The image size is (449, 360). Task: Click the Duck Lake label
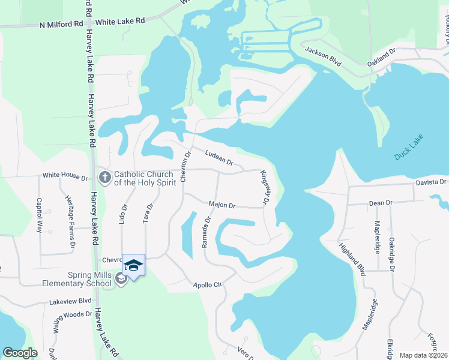[x=409, y=147]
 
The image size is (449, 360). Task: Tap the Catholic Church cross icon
[x=105, y=177]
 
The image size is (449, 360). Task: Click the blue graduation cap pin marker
[x=133, y=265]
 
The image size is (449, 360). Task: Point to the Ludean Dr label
[x=218, y=157]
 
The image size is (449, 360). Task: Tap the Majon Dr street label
[x=221, y=205]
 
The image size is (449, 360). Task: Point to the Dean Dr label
[x=380, y=203]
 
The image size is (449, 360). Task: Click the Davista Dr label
[x=432, y=182]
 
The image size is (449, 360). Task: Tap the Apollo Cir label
[x=206, y=284]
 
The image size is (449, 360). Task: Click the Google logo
[x=20, y=353]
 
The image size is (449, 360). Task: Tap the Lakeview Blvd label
[x=70, y=301]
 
